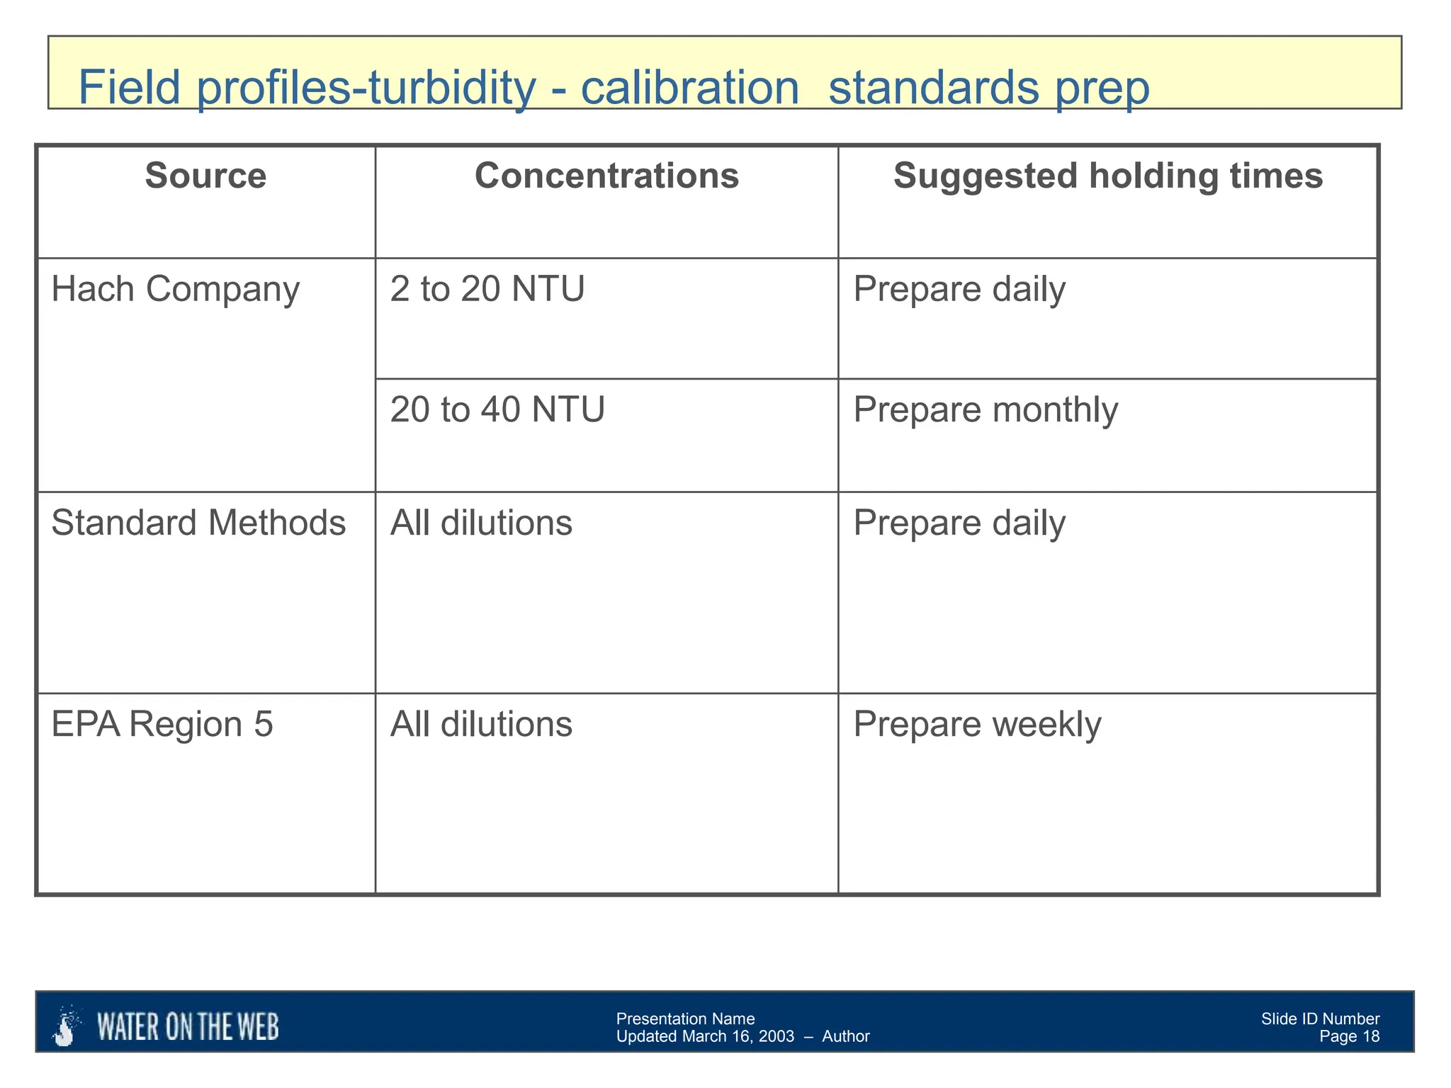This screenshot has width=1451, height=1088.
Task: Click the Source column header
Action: pos(205,176)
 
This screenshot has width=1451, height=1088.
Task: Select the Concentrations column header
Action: pos(606,176)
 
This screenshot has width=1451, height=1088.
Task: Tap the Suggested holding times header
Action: pos(1107,176)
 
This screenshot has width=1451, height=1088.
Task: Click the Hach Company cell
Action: pos(175,289)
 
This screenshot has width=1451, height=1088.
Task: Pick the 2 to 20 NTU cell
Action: pos(487,289)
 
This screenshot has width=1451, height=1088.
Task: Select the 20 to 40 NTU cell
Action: pos(497,409)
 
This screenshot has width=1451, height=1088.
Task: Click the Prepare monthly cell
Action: pos(986,410)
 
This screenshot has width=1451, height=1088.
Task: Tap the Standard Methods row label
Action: pos(198,523)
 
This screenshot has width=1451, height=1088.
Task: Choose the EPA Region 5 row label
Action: pos(162,724)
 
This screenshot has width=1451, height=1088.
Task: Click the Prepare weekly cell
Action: pos(977,724)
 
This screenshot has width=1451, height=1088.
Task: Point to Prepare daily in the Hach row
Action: pos(959,290)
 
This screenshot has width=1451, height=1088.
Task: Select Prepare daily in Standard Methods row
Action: pos(959,523)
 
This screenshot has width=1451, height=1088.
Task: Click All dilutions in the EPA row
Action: pos(481,724)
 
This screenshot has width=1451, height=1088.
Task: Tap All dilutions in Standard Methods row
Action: pos(481,523)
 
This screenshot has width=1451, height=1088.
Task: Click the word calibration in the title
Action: pos(689,87)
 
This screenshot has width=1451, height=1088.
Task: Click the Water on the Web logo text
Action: pos(188,1027)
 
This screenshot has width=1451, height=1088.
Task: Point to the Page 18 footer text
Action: pos(1349,1037)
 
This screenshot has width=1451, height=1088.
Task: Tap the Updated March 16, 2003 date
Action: pos(705,1037)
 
